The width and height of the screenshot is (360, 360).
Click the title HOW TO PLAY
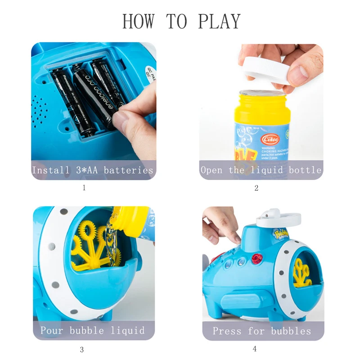(x=181, y=21)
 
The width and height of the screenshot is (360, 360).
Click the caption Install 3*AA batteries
(x=93, y=170)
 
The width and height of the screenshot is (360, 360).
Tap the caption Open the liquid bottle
(x=261, y=170)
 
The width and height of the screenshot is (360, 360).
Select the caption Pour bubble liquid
(x=93, y=330)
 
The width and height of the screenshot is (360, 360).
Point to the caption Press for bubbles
(x=262, y=331)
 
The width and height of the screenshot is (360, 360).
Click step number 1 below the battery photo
(x=84, y=188)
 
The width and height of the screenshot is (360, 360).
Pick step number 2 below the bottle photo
(x=256, y=188)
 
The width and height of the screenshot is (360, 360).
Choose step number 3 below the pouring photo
(x=81, y=349)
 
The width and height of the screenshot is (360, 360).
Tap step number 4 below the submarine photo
(x=255, y=349)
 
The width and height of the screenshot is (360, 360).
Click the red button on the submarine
(x=257, y=258)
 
